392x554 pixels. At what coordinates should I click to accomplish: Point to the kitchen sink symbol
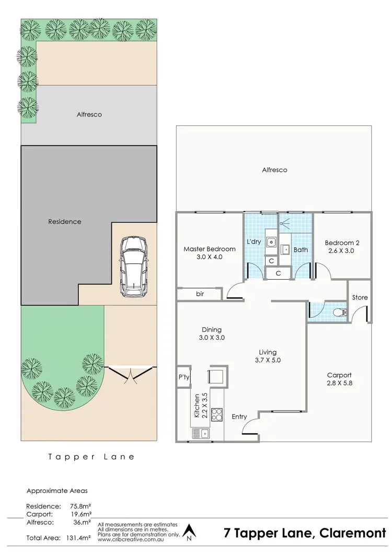coord(201,433)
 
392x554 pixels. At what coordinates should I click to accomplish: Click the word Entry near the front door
coord(239,417)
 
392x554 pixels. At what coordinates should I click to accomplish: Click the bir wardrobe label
coord(200,294)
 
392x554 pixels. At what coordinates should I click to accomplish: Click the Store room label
coord(360,297)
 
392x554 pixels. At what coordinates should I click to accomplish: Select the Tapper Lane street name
coord(91,456)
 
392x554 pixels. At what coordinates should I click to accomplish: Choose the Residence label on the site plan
coord(64,222)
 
